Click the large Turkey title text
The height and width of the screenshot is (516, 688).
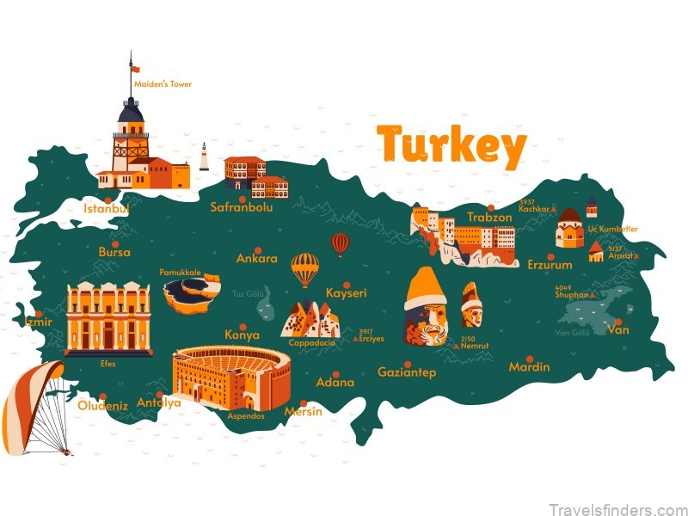[451, 146]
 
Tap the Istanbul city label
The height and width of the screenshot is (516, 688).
[106, 208]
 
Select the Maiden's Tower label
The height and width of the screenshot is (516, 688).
[163, 84]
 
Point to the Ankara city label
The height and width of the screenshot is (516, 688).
[256, 259]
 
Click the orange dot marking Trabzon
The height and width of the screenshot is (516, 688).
[491, 207]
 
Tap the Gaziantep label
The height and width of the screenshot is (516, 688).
[407, 372]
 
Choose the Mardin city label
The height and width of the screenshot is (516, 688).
[529, 367]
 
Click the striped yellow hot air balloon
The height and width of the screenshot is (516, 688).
[304, 269]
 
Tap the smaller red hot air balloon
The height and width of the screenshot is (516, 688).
[341, 244]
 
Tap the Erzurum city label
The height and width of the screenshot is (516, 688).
[550, 264]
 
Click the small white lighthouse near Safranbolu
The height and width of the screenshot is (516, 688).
[204, 157]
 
